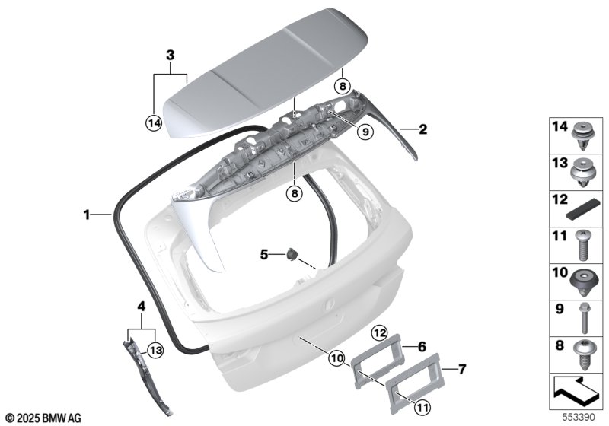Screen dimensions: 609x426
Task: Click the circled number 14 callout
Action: (x=154, y=123)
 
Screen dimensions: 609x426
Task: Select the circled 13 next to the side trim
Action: (x=155, y=351)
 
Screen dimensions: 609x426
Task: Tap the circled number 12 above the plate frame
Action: (x=379, y=333)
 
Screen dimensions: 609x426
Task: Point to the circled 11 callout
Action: (x=422, y=407)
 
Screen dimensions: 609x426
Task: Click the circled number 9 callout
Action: (x=365, y=132)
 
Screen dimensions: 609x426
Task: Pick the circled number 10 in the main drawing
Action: (x=336, y=358)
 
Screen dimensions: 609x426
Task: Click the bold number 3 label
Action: (x=170, y=56)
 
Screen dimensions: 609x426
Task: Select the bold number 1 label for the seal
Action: (x=87, y=215)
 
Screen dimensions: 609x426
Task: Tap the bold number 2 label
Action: (x=422, y=129)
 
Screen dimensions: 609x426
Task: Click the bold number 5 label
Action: (x=264, y=255)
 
